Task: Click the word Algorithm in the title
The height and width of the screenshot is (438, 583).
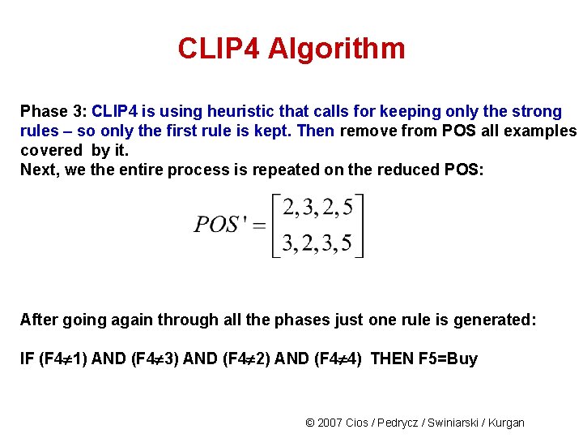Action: pyautogui.click(x=336, y=49)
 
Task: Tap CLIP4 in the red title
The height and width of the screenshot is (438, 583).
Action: pyautogui.click(x=219, y=49)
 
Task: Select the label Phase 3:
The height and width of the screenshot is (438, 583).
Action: pyautogui.click(x=53, y=111)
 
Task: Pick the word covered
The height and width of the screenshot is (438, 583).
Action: pyautogui.click(x=51, y=150)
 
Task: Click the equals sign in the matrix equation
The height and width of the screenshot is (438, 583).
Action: pyautogui.click(x=259, y=225)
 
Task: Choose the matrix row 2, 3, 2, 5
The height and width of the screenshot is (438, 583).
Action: pyautogui.click(x=317, y=208)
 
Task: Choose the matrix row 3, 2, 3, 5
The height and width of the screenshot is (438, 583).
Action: pyautogui.click(x=317, y=243)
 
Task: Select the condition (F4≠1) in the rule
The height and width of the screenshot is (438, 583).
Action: pyautogui.click(x=63, y=359)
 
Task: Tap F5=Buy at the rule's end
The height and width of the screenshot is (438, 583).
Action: pyautogui.click(x=449, y=359)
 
